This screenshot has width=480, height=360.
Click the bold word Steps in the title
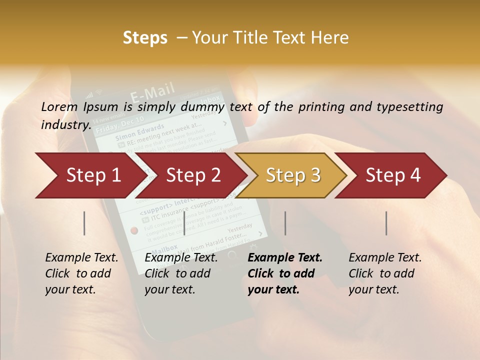pyautogui.click(x=145, y=38)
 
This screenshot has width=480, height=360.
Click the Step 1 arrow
pyautogui.click(x=88, y=175)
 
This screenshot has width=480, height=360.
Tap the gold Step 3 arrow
pyautogui.click(x=293, y=175)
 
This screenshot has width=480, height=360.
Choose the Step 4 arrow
pyautogui.click(x=393, y=175)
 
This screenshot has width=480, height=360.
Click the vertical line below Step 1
pyautogui.click(x=84, y=223)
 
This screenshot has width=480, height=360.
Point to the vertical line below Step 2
pyautogui.click(x=184, y=223)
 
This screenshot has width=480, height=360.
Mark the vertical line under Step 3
pyautogui.click(x=285, y=223)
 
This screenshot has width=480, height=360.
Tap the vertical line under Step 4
pyautogui.click(x=386, y=223)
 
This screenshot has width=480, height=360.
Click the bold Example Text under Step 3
pyautogui.click(x=285, y=258)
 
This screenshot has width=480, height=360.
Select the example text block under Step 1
pyautogui.click(x=81, y=273)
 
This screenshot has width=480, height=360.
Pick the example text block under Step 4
pyautogui.click(x=385, y=273)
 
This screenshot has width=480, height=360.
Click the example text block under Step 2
pyautogui.click(x=181, y=273)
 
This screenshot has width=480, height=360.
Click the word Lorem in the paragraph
pyautogui.click(x=59, y=106)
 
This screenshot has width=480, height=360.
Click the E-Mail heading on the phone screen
pyautogui.click(x=152, y=93)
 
